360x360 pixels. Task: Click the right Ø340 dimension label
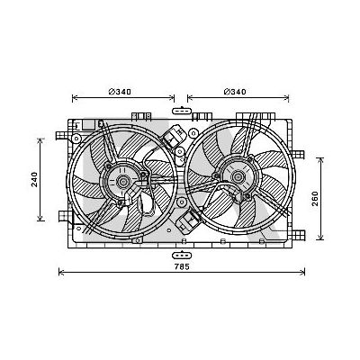pos(236,93)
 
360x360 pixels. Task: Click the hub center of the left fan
pos(120,184)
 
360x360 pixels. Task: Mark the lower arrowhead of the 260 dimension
pos(321,238)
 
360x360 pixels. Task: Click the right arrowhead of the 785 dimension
pos(303,273)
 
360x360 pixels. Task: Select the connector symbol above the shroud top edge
pos(182,111)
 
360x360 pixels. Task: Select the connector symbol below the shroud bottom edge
pos(182,254)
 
